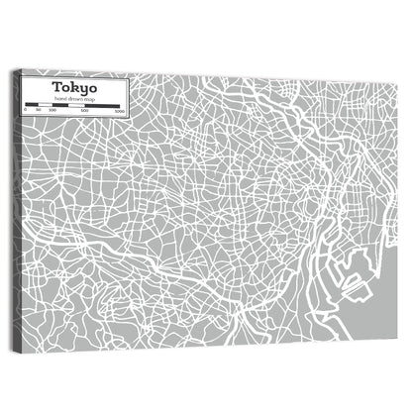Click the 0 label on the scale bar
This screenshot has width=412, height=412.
[x=26, y=111]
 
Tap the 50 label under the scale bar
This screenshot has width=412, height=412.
[x=38, y=111]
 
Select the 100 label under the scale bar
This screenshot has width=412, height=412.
[x=51, y=111]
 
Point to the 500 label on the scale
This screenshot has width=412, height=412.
[x=85, y=111]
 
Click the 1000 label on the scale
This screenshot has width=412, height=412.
[x=118, y=111]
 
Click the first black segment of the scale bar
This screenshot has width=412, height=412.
[x=32, y=105]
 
